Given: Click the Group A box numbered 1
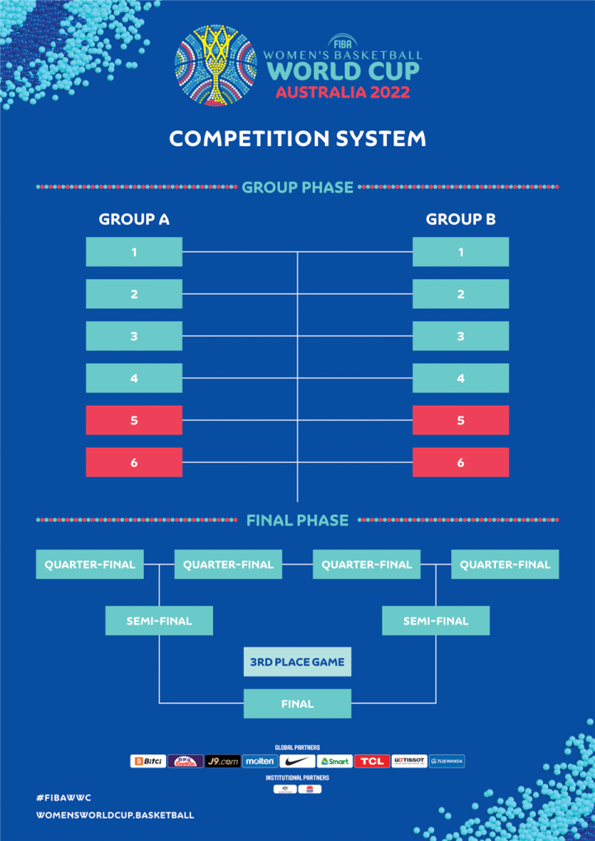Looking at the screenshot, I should [134, 252].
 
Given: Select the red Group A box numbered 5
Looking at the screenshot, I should [134, 420].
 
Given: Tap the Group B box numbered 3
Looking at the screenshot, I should [460, 336].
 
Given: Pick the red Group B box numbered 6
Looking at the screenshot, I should [460, 463].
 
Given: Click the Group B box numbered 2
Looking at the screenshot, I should [460, 294].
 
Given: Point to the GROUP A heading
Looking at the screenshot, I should [134, 220].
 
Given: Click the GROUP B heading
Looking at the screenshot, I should [460, 220].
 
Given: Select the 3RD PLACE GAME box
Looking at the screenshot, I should [297, 662].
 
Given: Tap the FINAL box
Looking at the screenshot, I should [297, 704].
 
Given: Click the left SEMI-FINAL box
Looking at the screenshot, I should [159, 620].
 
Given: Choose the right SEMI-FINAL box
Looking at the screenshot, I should [436, 620].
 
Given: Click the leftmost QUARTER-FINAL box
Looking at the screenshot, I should [90, 565].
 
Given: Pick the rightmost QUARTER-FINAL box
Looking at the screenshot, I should [505, 565].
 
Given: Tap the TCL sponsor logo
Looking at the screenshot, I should [372, 761].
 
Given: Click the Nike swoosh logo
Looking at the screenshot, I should [297, 761].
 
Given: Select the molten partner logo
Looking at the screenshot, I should [260, 761].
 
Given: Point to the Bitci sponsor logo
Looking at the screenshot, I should [148, 761].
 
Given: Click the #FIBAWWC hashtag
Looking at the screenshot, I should [64, 797].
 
